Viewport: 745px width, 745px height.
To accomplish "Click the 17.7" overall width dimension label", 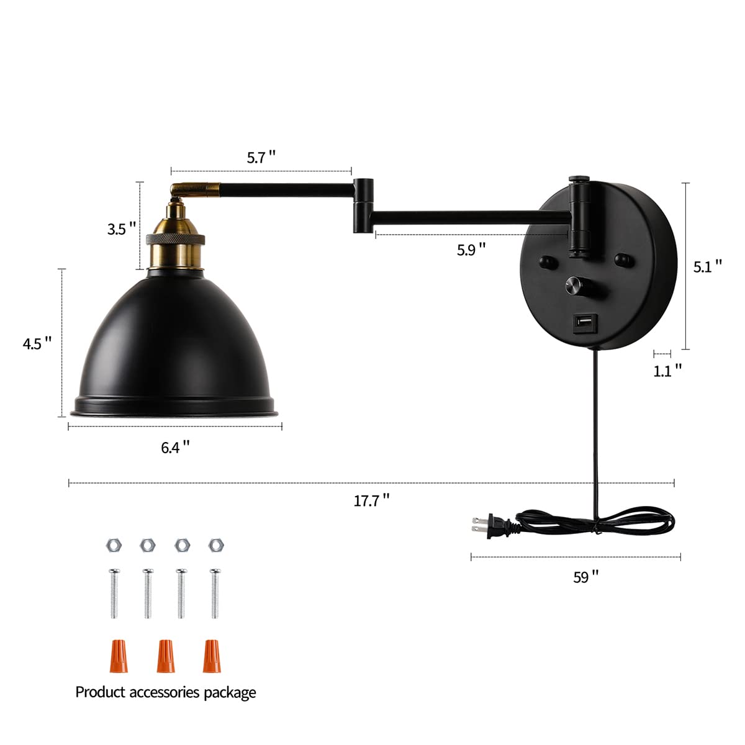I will coord(372,500).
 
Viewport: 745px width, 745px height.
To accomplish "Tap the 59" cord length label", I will coord(586,577).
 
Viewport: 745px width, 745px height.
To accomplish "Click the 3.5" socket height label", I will coord(122,228).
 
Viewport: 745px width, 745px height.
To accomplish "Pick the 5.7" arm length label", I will coord(261,157).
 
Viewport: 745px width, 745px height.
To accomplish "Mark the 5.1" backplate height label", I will coord(708,266).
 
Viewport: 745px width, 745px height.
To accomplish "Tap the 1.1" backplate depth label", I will coord(667,371).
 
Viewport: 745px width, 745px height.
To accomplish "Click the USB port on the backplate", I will coord(584,323).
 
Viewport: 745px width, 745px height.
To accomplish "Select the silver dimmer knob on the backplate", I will coord(574,286).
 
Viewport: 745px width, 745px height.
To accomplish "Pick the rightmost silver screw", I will coord(215,593).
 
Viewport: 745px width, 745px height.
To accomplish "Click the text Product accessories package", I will coord(166,692).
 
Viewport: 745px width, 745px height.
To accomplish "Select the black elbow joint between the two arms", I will coord(364,205).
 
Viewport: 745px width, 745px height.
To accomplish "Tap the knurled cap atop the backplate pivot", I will coord(579,179).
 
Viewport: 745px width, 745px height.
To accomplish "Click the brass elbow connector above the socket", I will coord(194,187).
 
